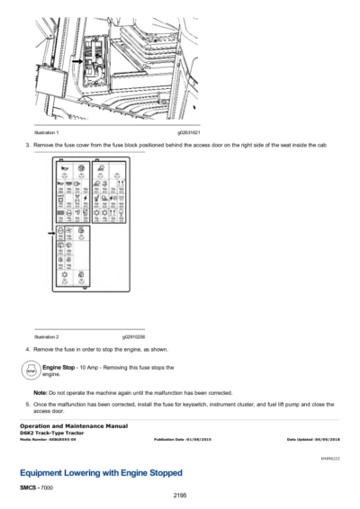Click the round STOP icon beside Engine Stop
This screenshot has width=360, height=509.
(30, 370)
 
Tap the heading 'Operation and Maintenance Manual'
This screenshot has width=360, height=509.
(69, 424)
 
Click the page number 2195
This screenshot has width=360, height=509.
(179, 495)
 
